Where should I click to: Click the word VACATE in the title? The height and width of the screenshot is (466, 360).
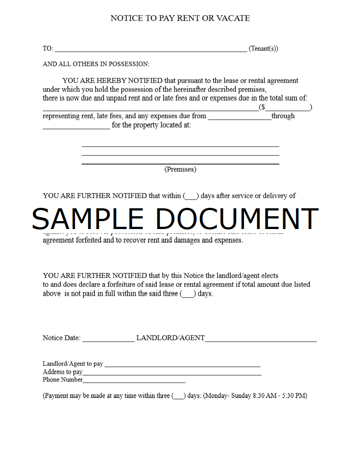coord(233,18)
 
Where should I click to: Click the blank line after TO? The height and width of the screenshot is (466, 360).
coord(150,50)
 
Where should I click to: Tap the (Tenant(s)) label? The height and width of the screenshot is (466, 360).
coord(263,49)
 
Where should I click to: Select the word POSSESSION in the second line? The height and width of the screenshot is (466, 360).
coord(127,64)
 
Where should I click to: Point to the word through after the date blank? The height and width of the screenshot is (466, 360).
coord(283,116)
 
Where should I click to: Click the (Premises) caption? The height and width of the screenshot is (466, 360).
coord(180,169)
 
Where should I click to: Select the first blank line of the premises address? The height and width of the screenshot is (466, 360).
coord(180,146)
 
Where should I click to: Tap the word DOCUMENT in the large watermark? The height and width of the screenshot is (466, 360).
coord(237,218)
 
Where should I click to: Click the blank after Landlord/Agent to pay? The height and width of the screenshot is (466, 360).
coord(183,366)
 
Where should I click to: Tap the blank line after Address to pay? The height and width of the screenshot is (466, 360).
coord(172,374)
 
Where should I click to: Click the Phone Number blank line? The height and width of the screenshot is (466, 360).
coord(134,382)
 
